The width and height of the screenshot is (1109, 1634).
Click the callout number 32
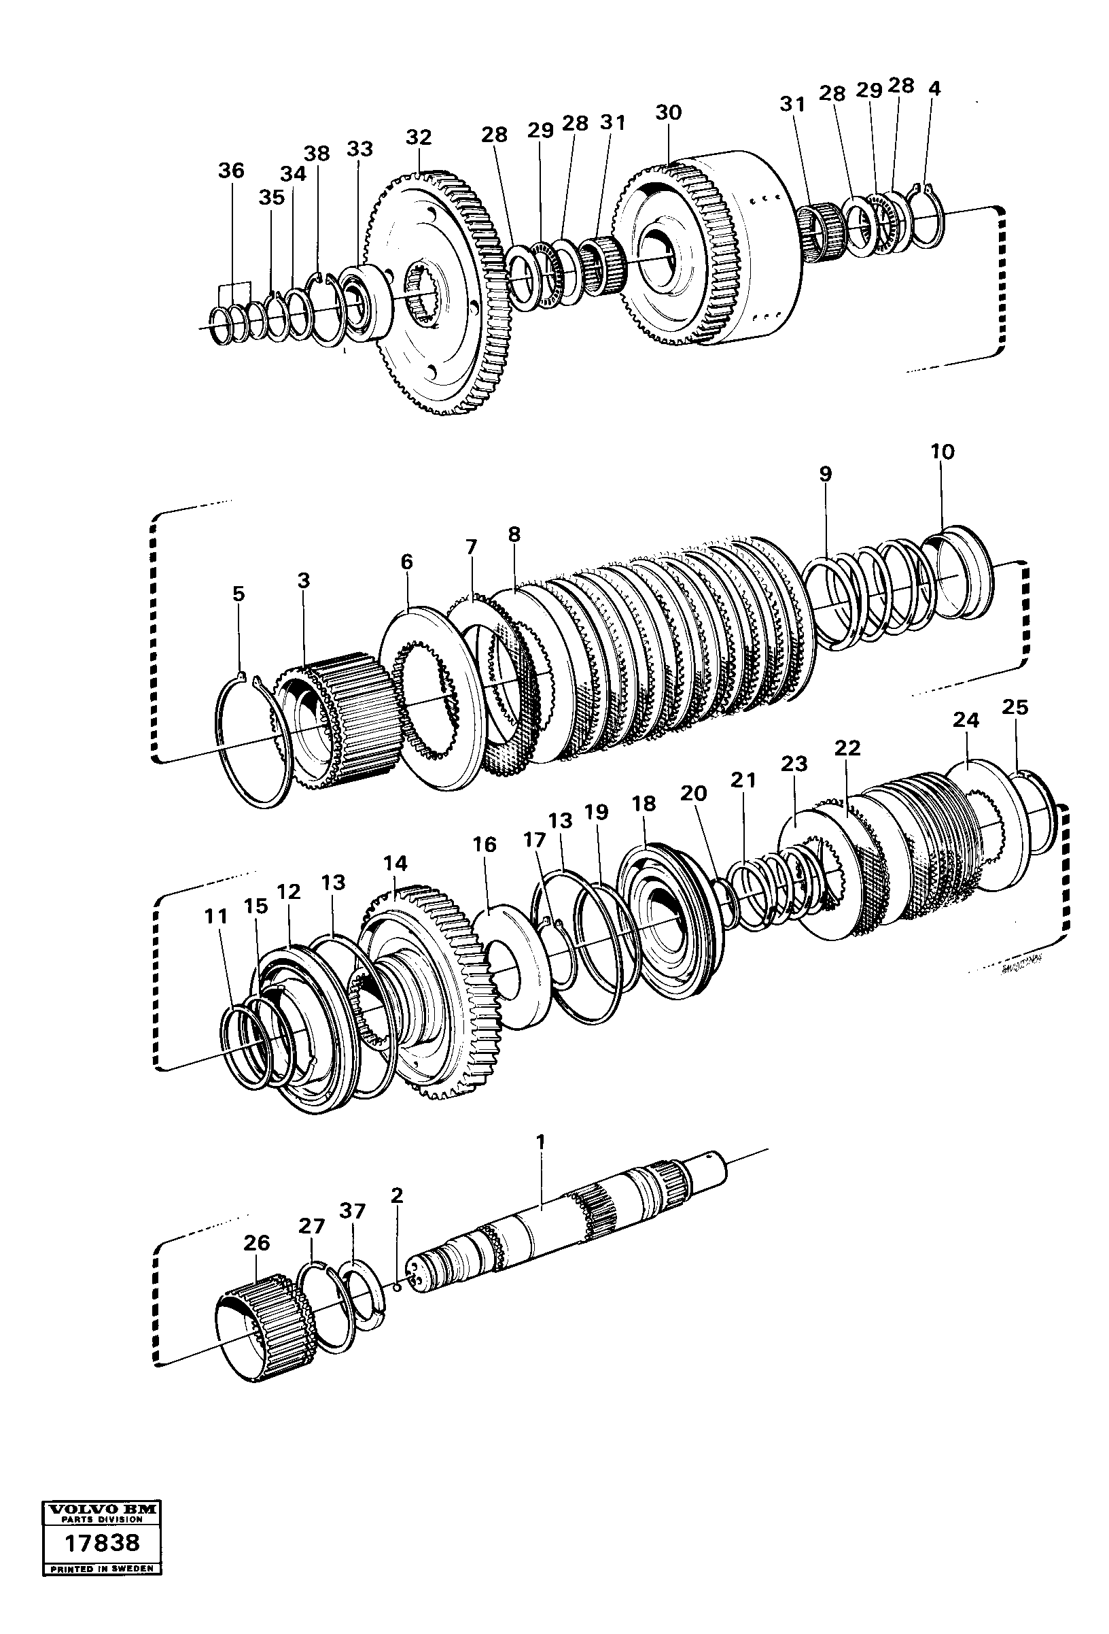click(x=418, y=137)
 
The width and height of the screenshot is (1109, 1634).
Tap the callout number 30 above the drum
click(x=669, y=112)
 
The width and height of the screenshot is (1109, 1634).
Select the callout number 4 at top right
click(x=934, y=88)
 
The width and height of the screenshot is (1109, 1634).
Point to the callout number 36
click(x=230, y=171)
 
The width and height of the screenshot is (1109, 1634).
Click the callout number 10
click(x=943, y=452)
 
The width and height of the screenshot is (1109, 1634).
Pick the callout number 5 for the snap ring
click(x=239, y=594)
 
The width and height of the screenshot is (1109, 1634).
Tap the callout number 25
click(x=1014, y=707)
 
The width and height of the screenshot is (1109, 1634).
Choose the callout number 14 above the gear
click(x=395, y=864)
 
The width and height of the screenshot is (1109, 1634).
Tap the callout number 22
click(x=847, y=748)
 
